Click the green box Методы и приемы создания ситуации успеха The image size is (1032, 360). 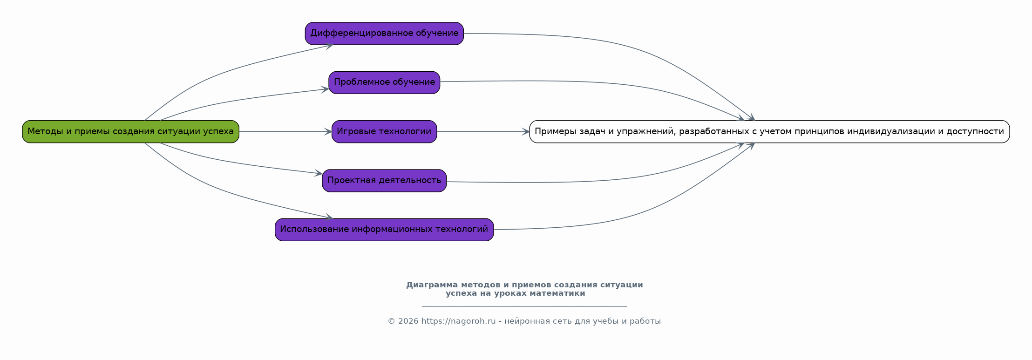(130, 132)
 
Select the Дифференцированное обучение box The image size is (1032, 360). (384, 34)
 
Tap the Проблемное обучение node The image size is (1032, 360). (384, 82)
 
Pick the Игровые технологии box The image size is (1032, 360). (384, 132)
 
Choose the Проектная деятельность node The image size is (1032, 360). (384, 181)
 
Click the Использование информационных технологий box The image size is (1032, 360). (384, 230)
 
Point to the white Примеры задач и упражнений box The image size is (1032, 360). (769, 132)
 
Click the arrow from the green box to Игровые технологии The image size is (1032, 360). (285, 132)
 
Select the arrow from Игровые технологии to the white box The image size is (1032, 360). (483, 132)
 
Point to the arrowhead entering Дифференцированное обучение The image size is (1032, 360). (329, 46)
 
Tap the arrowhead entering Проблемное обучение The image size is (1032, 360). (325, 89)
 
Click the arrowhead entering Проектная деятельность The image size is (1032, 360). (319, 173)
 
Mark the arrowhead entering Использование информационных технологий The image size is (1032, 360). (329, 217)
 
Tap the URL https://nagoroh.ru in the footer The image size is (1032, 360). (459, 321)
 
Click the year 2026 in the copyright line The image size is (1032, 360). (408, 321)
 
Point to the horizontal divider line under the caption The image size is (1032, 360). (524, 306)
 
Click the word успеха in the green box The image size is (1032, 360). (219, 132)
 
